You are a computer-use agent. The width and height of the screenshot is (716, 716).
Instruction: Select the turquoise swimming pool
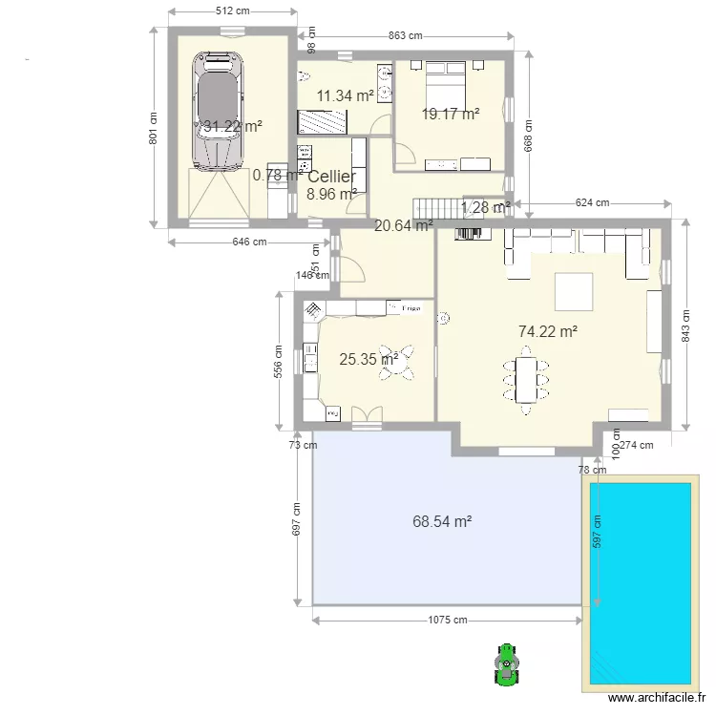pos(640,582)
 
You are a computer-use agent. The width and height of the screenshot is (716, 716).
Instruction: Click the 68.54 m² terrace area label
pos(443,522)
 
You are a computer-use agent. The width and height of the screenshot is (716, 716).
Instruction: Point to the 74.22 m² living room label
pos(548,332)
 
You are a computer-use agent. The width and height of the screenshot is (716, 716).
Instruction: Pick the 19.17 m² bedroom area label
pos(451,115)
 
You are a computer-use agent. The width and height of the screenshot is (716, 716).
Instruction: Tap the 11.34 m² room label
pos(346,95)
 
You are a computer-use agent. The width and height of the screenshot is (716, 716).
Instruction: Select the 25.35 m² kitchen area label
pos(367,360)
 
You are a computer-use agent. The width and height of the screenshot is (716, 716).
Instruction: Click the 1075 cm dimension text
pos(447,620)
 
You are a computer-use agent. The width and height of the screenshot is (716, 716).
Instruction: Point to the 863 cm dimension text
pos(405,36)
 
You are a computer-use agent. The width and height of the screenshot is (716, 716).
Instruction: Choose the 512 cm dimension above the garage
pos(232,11)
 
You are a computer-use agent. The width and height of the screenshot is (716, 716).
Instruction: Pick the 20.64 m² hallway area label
pos(403,226)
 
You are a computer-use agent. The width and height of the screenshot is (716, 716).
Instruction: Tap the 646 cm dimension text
pos(249,242)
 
